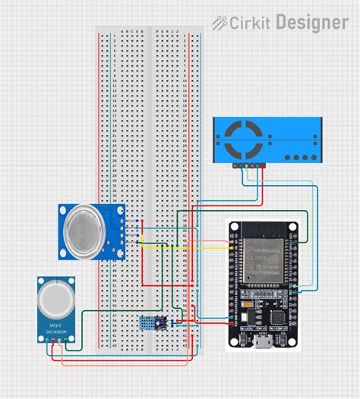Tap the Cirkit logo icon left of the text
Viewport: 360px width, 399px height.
coord(221,24)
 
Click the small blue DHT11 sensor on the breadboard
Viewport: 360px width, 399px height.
coord(149,323)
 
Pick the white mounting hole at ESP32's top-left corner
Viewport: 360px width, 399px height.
coord(235,226)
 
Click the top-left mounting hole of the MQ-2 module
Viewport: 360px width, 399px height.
coord(42,283)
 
